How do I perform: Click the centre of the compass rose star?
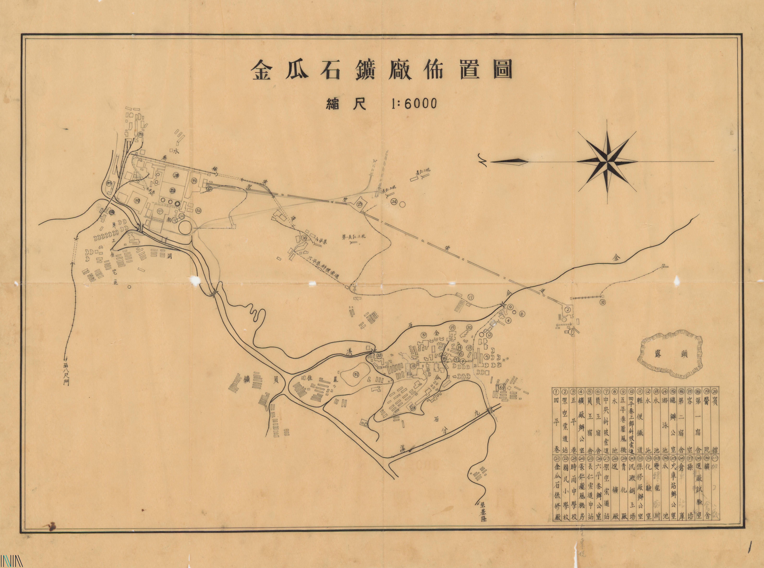coord(608,161)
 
